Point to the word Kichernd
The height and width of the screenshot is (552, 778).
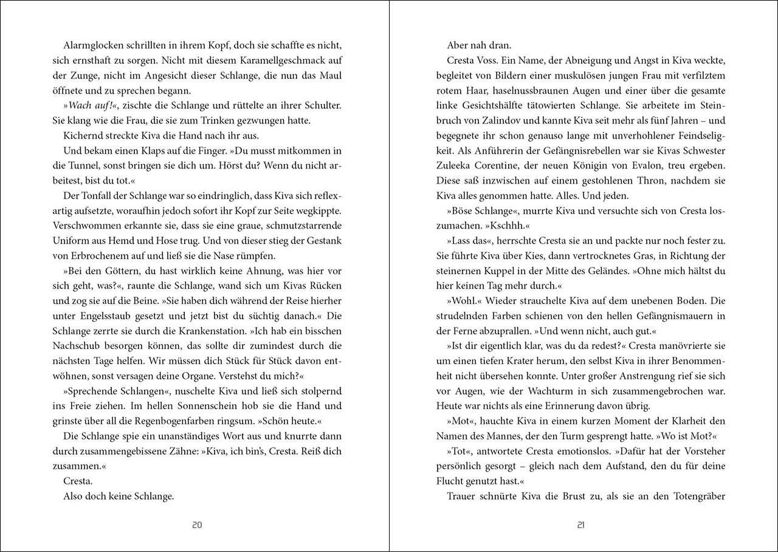click(x=82, y=136)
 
